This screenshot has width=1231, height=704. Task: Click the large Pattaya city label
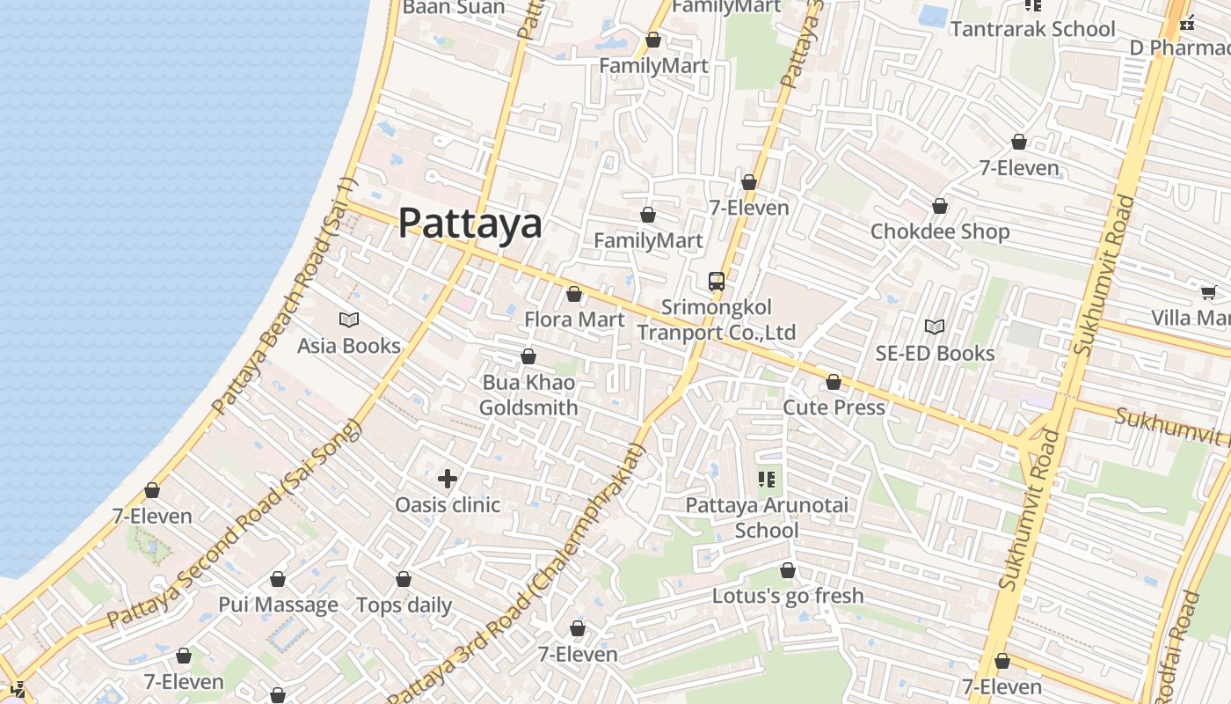(x=470, y=223)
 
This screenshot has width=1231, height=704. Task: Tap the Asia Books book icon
(x=349, y=320)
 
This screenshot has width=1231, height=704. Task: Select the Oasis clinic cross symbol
(x=448, y=479)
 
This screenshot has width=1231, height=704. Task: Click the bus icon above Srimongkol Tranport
(x=717, y=282)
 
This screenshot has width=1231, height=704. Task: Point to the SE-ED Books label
(x=935, y=353)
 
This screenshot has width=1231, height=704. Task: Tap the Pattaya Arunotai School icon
(x=767, y=480)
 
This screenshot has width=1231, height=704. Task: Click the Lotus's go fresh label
(x=788, y=596)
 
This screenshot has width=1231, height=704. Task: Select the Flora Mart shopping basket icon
(x=574, y=294)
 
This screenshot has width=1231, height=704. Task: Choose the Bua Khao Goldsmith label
(x=528, y=395)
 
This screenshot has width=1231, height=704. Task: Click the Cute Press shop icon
(x=834, y=382)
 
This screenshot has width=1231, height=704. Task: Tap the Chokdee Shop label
(x=939, y=231)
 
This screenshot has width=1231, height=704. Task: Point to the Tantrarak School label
(x=1032, y=29)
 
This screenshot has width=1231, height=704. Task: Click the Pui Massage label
(x=278, y=605)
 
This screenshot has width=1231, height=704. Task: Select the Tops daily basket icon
(x=404, y=579)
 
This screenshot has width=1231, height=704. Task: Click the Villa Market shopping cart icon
(x=1209, y=292)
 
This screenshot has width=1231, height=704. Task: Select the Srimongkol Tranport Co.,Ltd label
(x=716, y=319)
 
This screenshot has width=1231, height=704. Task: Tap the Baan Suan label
(x=454, y=8)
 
